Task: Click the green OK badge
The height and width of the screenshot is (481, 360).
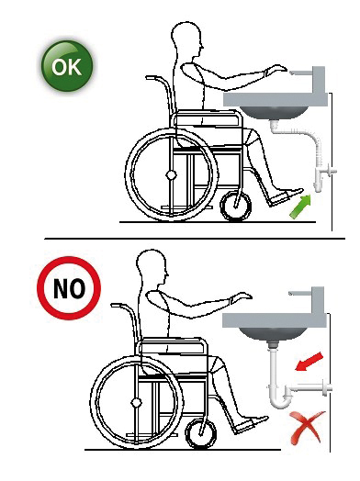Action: coord(67,66)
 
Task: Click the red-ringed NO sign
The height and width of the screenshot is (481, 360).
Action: coord(69,288)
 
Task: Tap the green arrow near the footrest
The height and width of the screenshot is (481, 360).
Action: coord(300,207)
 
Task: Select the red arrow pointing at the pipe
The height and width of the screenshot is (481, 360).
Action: coord(309,362)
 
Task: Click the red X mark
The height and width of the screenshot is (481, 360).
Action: coord(307,428)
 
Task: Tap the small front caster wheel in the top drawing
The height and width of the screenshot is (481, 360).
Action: coord(236,206)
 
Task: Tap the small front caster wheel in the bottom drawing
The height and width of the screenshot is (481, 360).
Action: coord(201,434)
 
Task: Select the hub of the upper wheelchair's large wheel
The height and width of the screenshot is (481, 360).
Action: coord(171,175)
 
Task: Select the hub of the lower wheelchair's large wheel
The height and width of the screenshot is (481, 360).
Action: coord(136,402)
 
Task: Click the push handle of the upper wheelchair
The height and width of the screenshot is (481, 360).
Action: coord(154,78)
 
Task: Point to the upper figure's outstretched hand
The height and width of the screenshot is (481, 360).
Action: coord(276,70)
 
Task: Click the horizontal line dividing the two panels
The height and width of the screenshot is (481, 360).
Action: coord(195,239)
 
